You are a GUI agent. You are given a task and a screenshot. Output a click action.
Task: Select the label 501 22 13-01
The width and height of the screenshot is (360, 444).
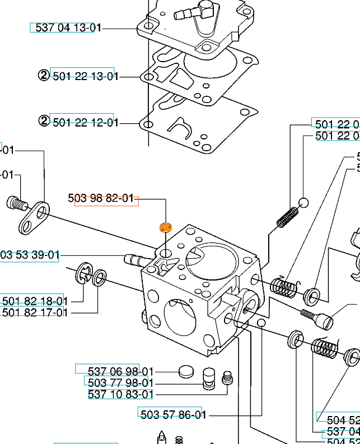click(x=85, y=76)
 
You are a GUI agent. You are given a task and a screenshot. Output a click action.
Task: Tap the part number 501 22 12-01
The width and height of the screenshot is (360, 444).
click(x=85, y=122)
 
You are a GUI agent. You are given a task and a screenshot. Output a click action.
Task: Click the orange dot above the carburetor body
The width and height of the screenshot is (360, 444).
click(x=165, y=227)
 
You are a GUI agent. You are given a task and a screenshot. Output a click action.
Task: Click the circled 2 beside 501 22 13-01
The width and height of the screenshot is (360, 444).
click(x=44, y=76)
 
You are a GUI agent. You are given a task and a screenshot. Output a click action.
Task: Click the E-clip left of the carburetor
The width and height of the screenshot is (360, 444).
click(x=84, y=274)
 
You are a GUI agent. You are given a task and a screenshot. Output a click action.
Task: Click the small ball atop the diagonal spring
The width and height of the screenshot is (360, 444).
click(x=304, y=203)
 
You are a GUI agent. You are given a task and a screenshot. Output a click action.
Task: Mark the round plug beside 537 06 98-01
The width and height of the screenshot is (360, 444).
click(x=185, y=371)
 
